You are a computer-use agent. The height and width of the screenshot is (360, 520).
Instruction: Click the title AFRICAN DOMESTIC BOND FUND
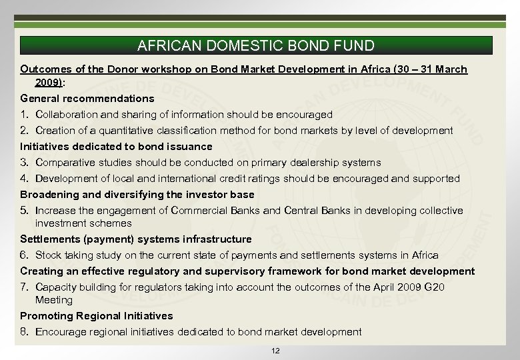tap(256, 46)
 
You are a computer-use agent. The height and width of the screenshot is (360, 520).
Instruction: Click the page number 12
tap(276, 351)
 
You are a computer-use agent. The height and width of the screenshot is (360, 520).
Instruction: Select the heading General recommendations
tap(87, 98)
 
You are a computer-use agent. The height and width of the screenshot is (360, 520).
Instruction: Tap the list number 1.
tap(24, 115)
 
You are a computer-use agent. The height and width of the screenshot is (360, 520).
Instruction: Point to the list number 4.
tap(24, 179)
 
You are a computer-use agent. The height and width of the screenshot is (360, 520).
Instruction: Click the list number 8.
tap(24, 332)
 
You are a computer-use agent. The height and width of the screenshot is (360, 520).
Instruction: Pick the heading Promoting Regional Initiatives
tap(96, 316)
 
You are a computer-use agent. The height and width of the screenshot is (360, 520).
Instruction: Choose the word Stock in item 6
tap(49, 255)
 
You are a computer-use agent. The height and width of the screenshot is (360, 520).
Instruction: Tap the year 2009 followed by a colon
tap(48, 82)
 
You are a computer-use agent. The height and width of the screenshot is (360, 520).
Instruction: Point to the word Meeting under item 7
tap(54, 300)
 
